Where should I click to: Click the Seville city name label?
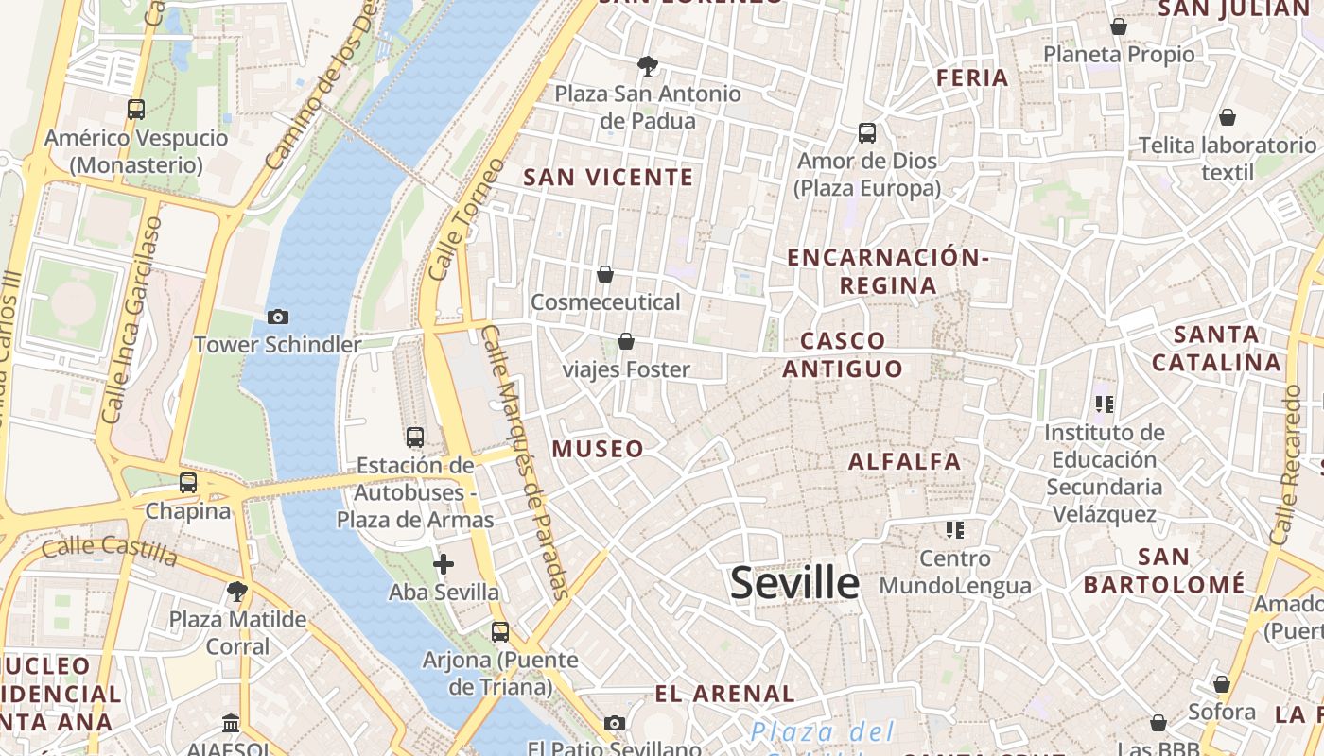[794, 583]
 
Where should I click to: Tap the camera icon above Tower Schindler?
[278, 317]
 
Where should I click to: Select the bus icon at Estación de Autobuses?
[415, 437]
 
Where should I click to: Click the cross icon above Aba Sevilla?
[444, 564]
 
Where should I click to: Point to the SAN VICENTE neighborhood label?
[608, 178]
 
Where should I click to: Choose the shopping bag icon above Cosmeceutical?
[605, 274]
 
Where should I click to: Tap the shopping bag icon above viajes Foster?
[625, 340]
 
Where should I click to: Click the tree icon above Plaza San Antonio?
[648, 65]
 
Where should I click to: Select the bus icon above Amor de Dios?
[867, 132]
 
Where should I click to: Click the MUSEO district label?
[598, 449]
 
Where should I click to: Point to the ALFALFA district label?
[904, 462]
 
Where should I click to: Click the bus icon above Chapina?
[188, 482]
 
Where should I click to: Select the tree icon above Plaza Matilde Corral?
[237, 592]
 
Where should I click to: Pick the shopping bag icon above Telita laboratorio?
[1227, 117]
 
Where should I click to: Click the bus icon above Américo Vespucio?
[136, 109]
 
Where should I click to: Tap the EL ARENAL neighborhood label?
[725, 694]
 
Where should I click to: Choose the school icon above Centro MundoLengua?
[954, 529]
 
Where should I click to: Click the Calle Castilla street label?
[109, 549]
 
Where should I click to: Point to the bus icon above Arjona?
[500, 631]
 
